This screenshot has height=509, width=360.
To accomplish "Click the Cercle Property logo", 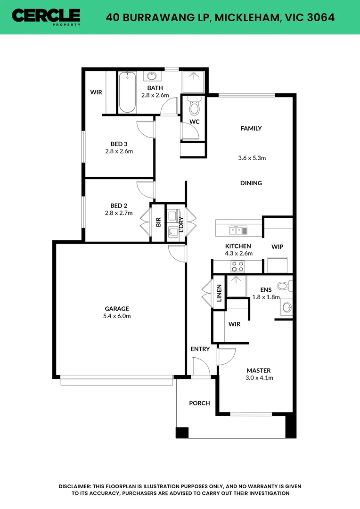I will (46, 16).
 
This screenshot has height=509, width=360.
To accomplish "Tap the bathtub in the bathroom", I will (127, 92).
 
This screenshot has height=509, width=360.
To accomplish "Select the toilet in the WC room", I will (194, 107).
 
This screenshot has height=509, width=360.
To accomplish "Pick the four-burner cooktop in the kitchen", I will (237, 266).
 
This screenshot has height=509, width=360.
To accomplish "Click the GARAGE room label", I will (117, 309).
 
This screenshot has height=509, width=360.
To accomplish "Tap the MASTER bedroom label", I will (259, 370).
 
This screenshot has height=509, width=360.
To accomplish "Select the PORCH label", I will (199, 403).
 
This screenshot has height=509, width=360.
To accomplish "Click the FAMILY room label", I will (251, 128).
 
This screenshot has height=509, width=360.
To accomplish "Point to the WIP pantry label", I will (278, 246).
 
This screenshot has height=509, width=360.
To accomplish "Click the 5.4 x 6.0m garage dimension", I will (117, 316).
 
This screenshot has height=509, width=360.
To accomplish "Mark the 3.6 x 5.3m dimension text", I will (252, 158).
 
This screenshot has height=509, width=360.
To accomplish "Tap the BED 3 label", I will (119, 144).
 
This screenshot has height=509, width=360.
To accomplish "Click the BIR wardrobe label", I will (158, 222).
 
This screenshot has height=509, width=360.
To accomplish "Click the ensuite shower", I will (237, 286).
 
